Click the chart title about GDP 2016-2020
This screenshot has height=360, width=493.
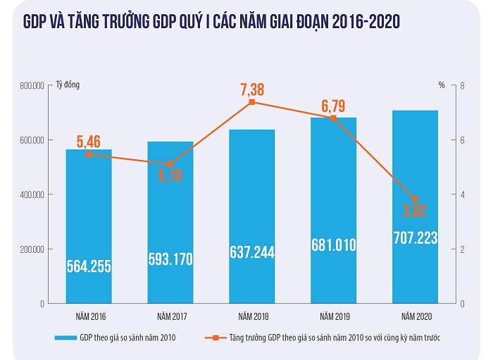tap(211, 23)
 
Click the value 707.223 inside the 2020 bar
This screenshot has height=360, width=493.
tap(415, 239)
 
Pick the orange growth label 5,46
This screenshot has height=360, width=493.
tap(89, 141)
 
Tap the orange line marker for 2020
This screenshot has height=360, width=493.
tap(415, 199)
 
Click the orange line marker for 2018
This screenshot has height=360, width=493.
tap(251, 102)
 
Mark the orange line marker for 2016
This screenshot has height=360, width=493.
tap(89, 154)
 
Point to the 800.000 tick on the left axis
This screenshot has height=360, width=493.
tap(32, 86)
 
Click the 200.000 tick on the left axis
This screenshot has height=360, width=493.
tap(32, 249)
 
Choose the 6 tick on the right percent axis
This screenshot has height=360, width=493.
tap(461, 140)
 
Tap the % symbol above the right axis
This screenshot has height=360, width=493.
tap(442, 85)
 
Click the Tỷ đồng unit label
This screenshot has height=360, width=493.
tap(68, 85)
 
